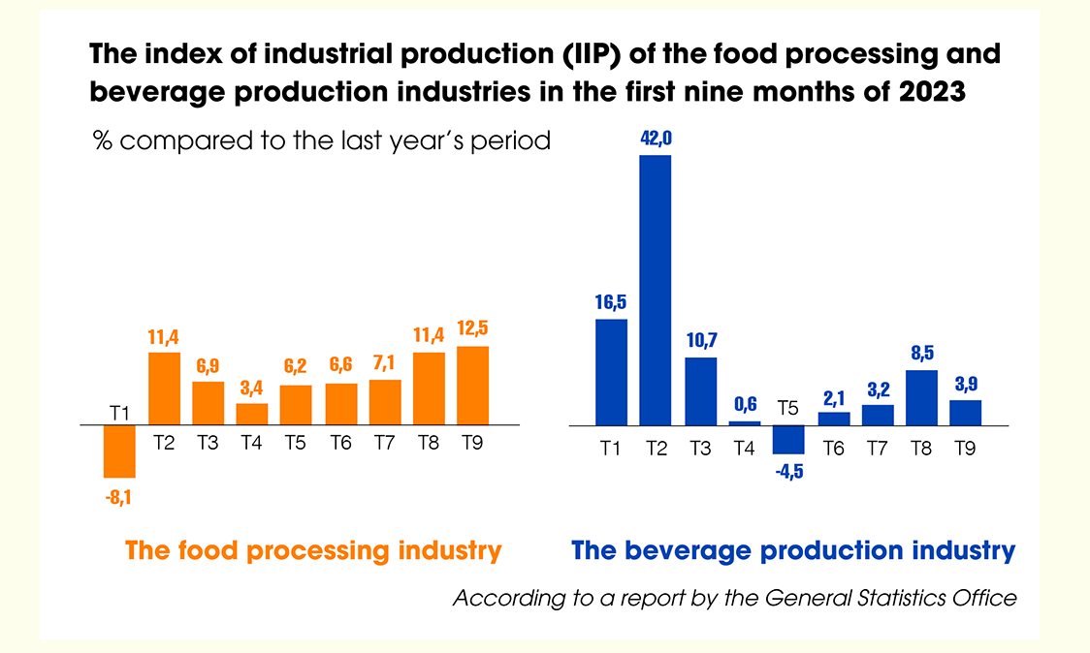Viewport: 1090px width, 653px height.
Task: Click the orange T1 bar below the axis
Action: tap(119, 451)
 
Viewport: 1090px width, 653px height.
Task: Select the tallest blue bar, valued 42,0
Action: tap(656, 290)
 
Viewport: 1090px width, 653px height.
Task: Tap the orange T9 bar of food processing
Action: tap(472, 386)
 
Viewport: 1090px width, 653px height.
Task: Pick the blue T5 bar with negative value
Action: tap(788, 440)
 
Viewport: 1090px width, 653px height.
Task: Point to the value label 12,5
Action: tap(472, 329)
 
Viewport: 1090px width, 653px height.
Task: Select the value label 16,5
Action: tap(611, 301)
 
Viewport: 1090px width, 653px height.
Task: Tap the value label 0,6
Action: tap(745, 403)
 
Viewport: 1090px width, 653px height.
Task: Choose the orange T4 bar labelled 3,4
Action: tap(252, 415)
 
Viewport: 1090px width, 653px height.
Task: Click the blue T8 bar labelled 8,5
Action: tap(921, 397)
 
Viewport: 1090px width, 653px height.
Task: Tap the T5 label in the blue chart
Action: tap(788, 408)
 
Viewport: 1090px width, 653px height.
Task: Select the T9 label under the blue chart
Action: tap(966, 448)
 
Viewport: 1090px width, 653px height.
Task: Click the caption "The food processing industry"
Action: tap(313, 551)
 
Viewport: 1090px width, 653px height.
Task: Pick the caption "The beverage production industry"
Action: tap(793, 551)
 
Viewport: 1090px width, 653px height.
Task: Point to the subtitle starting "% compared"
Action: tap(321, 140)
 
